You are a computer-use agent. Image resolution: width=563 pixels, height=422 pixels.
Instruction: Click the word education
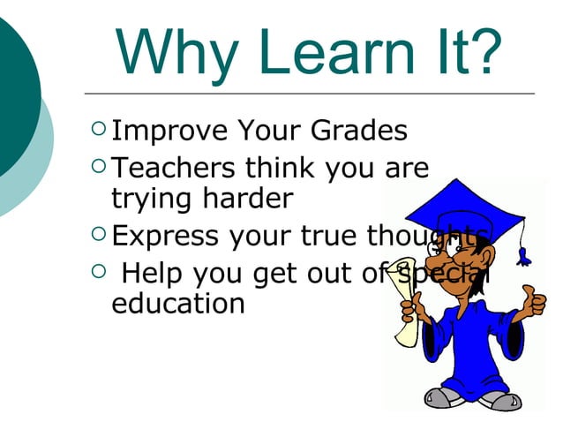[x=177, y=304]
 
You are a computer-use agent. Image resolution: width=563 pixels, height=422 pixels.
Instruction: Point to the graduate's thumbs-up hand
[x=532, y=301]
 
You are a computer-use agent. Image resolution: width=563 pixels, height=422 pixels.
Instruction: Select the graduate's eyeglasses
[x=436, y=248]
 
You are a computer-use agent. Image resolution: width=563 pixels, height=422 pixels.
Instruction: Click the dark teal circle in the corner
[x=13, y=88]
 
